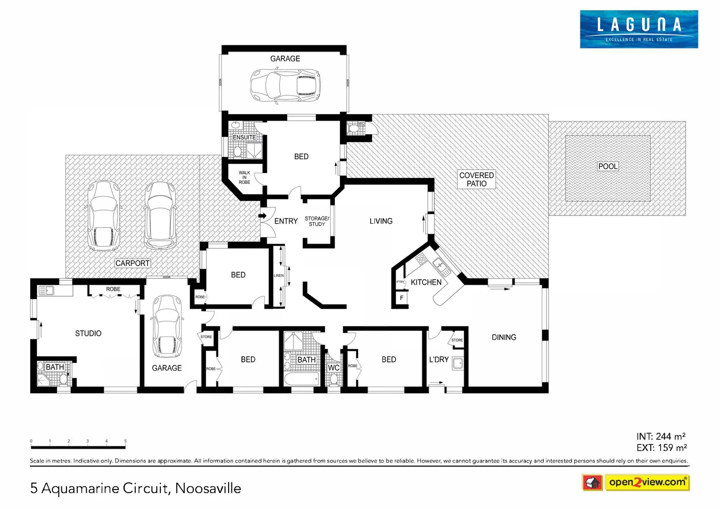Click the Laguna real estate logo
(638, 29)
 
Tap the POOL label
(608, 166)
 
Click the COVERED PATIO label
(476, 179)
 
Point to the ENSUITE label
(244, 138)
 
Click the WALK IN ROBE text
(244, 178)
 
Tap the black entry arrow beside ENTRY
(262, 216)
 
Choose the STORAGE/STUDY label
(317, 222)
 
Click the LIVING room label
(381, 221)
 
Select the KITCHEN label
(426, 282)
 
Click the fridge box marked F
(402, 298)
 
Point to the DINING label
(504, 337)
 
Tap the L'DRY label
(439, 360)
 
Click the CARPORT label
(132, 263)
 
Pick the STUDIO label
(88, 334)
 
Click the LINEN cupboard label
(279, 276)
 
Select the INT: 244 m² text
(661, 437)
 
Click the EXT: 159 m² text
(661, 448)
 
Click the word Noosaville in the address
(208, 488)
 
